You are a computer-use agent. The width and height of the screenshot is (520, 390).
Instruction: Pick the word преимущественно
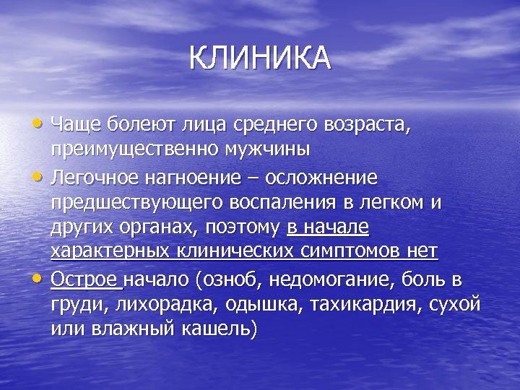click(138, 150)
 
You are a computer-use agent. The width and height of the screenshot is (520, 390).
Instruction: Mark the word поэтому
click(244, 227)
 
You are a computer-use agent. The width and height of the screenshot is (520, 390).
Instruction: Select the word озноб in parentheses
click(233, 278)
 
